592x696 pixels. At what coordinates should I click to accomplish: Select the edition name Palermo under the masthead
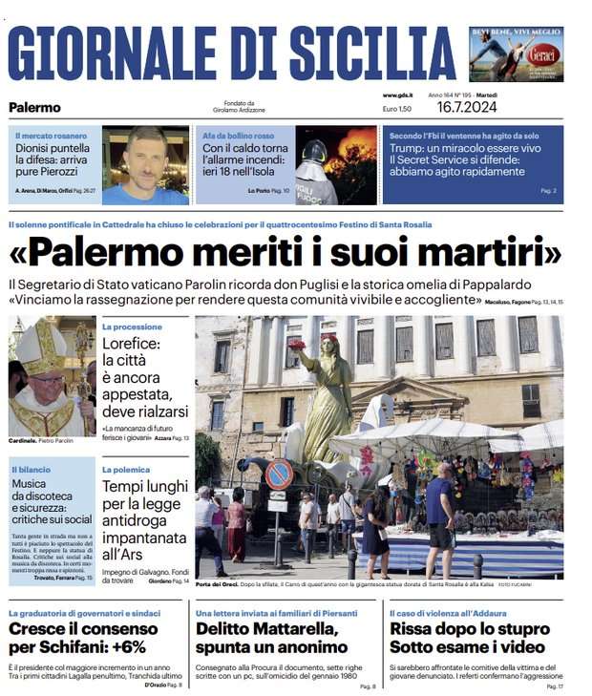click(x=34, y=108)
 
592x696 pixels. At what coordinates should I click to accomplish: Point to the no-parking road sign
click(x=278, y=475)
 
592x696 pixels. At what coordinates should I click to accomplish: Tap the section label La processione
click(x=132, y=327)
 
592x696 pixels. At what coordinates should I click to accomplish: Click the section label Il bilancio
click(x=31, y=470)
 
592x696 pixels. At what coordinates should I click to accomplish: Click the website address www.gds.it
click(x=396, y=95)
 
